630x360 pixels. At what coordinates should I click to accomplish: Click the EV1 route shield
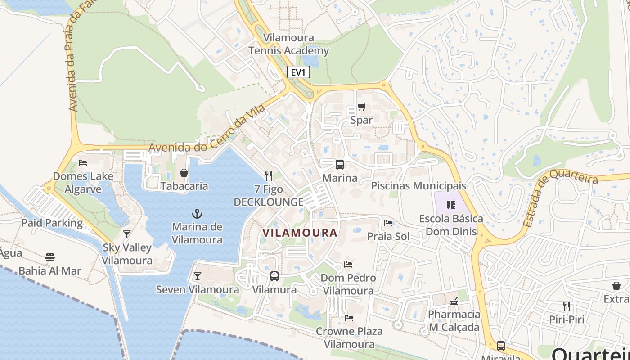(298, 72)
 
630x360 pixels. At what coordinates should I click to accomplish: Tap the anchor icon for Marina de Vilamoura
(197, 213)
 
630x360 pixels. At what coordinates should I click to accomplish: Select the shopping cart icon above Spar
(361, 107)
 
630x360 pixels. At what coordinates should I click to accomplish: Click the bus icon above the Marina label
(340, 165)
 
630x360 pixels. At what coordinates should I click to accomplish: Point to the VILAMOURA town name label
(300, 233)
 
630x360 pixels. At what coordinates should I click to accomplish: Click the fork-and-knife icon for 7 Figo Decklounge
(269, 175)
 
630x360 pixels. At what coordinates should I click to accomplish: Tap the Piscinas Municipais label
(418, 186)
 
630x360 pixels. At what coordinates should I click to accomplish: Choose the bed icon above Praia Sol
(388, 223)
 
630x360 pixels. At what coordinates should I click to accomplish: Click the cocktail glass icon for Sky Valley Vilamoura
(127, 234)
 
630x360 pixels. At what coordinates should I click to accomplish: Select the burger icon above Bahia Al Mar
(49, 257)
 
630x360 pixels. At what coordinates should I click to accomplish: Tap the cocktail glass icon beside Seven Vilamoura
(197, 276)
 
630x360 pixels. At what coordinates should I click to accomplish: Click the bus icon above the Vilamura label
(274, 276)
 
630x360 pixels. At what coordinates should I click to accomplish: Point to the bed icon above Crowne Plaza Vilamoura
(349, 318)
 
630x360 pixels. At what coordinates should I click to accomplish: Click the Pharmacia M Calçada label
(454, 320)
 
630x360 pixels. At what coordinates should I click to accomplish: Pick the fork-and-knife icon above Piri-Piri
(566, 306)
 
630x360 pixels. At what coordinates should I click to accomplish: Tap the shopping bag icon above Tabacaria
(184, 173)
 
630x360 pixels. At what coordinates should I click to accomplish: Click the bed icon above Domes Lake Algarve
(83, 163)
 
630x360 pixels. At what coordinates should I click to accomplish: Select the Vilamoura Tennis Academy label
(289, 44)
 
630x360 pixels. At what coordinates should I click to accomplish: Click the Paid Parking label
(52, 223)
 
